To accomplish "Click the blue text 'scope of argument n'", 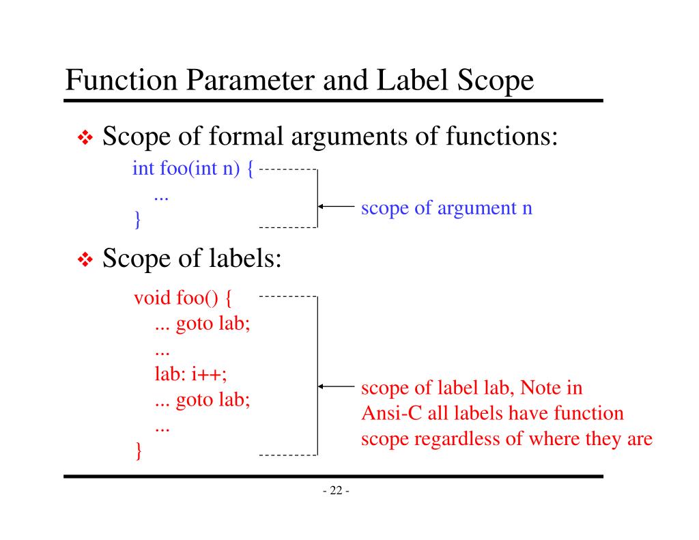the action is (x=446, y=208).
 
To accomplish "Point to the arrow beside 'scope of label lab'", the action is (x=335, y=387).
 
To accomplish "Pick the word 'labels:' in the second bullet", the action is (x=242, y=261).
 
